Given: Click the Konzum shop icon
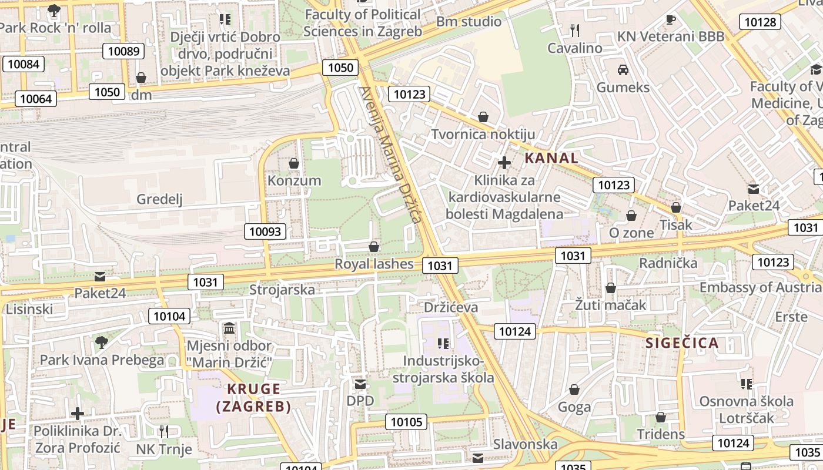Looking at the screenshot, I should (294, 163).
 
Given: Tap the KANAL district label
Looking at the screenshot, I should (551, 157).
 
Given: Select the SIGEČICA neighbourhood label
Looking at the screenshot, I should (682, 343).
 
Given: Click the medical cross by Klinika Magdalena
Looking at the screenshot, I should (504, 163).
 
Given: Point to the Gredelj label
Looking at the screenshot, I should (159, 199).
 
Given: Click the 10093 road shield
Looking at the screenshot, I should (265, 231).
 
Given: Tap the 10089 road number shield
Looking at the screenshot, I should (124, 51).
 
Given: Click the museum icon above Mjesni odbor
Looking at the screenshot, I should (229, 327).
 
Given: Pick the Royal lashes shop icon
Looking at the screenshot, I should (374, 247).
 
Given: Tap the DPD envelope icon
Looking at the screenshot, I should (360, 384).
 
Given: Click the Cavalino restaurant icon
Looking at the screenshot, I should (575, 30).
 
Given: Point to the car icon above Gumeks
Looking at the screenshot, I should (623, 70).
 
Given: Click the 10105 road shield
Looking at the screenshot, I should (406, 422).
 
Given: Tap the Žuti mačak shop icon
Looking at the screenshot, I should (611, 288).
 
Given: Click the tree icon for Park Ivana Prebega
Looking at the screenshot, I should (102, 342).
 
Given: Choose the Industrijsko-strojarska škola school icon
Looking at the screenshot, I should (443, 343).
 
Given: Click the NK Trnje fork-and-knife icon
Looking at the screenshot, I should (164, 432).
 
